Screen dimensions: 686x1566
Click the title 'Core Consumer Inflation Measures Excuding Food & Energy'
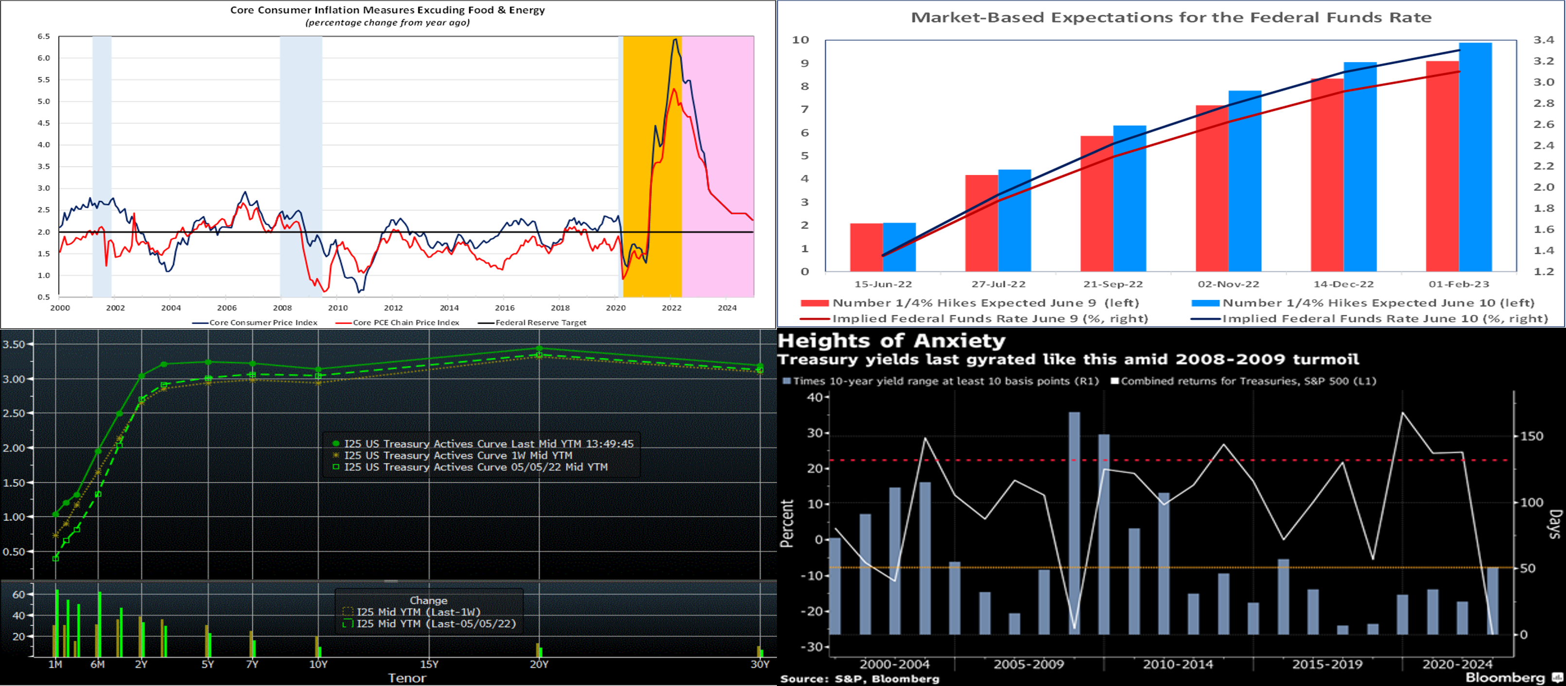tap(387, 10)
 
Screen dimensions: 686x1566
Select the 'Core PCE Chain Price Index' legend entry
tap(405, 322)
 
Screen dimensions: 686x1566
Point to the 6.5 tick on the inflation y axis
tap(44, 36)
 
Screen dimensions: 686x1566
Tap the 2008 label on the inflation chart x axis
tap(282, 308)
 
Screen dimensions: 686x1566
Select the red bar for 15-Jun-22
tap(866, 247)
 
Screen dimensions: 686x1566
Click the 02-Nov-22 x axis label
tap(1228, 284)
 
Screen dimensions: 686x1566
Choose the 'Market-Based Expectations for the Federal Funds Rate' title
tap(1170, 18)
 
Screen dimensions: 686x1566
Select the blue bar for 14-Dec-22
tap(1360, 167)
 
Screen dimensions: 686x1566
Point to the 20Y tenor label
tap(539, 664)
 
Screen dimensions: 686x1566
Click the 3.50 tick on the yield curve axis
tap(14, 344)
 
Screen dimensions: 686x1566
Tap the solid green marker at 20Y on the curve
tap(539, 349)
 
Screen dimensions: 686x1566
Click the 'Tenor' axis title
tap(407, 678)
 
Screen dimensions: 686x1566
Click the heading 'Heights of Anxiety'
tap(891, 340)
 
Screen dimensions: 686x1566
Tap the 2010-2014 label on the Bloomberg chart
tap(1178, 664)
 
